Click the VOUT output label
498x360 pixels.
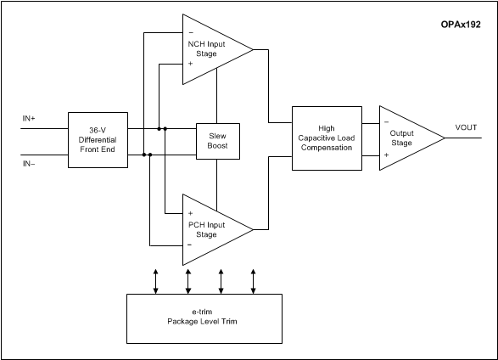coord(466,127)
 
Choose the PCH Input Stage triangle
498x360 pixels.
coord(212,228)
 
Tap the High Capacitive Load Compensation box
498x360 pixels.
coord(327,139)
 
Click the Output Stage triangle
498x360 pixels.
coord(405,138)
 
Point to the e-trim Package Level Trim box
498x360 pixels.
coord(205,319)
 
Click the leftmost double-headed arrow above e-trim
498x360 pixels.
coord(156,281)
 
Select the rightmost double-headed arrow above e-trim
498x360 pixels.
coord(254,281)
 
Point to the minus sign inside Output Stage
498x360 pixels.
coord(386,122)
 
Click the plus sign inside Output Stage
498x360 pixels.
coord(386,155)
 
